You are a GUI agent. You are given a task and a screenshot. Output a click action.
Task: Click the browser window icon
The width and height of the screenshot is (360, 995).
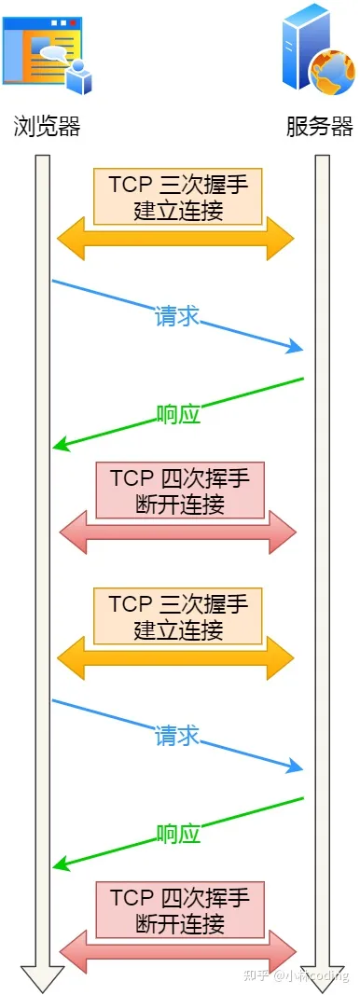point(47,51)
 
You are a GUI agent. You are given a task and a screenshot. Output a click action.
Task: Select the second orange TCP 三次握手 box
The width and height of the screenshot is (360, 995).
point(177,615)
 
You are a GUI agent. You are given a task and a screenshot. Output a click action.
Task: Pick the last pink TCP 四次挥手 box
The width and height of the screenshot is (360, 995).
point(178,910)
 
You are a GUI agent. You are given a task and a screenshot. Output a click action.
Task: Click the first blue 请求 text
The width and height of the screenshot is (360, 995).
point(177,316)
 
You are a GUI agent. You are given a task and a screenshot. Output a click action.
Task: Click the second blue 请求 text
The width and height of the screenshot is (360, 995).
point(177,735)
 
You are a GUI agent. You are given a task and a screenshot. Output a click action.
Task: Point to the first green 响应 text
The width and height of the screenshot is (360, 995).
point(178,413)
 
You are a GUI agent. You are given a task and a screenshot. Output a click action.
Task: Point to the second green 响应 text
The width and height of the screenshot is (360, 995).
point(178,833)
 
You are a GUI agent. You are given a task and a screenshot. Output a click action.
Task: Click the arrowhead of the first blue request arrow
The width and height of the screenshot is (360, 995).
point(298,349)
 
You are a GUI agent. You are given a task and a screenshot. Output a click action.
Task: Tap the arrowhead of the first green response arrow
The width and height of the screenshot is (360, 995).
point(60,447)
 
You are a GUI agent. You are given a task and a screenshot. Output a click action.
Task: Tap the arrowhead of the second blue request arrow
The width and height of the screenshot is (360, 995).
point(298,767)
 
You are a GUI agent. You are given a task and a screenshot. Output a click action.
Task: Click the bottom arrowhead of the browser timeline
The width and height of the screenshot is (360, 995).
point(42,978)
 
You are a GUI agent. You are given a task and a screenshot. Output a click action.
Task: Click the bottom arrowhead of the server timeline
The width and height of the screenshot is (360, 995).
point(322,978)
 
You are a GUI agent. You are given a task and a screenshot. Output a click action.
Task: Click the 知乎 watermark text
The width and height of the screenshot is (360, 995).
point(256,975)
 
